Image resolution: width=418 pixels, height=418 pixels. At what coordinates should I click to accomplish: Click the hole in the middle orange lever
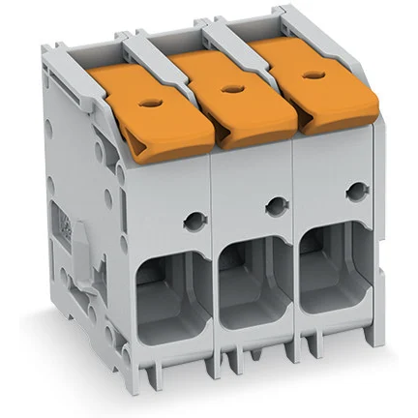click(x=229, y=88)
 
